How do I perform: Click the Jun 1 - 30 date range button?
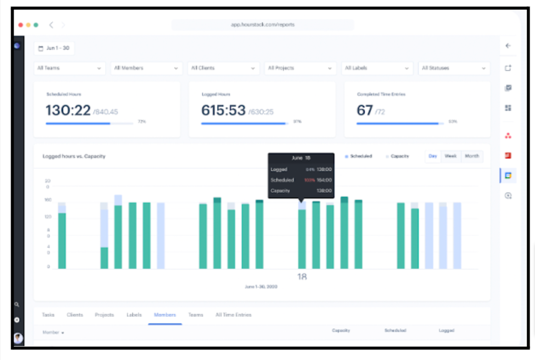[x=54, y=48]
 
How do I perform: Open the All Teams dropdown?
[x=70, y=68]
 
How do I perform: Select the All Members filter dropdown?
[x=146, y=68]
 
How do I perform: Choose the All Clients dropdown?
[x=223, y=68]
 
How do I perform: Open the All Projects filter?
[x=300, y=68]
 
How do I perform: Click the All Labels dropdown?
[x=377, y=68]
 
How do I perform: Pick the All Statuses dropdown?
[x=454, y=68]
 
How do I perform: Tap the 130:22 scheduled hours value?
[x=68, y=110]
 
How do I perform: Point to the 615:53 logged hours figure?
[x=223, y=110]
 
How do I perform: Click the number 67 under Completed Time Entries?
[x=365, y=110]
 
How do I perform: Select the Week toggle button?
[x=450, y=156]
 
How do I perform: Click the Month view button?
[x=472, y=156]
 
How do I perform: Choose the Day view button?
[x=433, y=156]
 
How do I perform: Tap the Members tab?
[x=165, y=315]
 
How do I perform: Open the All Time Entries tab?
[x=233, y=315]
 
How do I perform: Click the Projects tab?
[x=104, y=315]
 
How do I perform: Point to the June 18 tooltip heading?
[x=301, y=158]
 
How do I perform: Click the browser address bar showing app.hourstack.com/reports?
[x=263, y=25]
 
